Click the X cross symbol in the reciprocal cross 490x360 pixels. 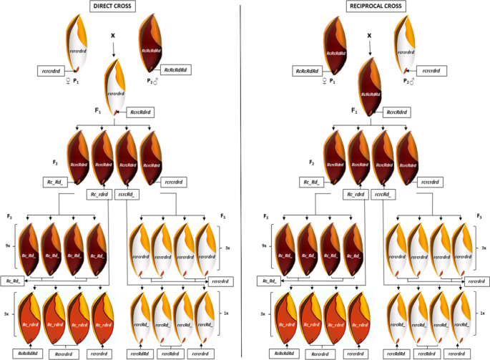point(369,34)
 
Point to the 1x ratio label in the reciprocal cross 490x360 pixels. point(482,313)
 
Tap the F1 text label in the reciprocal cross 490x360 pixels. point(355,112)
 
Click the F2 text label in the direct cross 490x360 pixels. point(55,162)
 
